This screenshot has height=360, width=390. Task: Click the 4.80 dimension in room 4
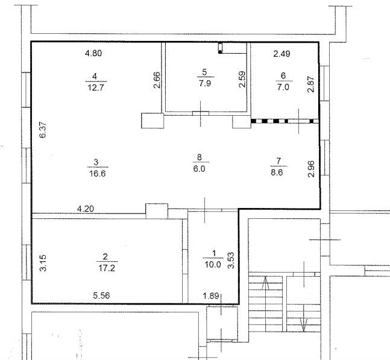(x=93, y=53)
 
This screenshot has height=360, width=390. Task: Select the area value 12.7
(x=96, y=87)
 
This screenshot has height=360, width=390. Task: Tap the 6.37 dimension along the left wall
(x=43, y=130)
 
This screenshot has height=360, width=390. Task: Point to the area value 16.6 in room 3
(x=98, y=173)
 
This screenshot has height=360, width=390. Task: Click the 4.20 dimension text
(x=86, y=209)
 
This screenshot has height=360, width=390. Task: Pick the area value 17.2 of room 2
(x=107, y=268)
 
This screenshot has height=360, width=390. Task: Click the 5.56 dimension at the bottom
(x=101, y=295)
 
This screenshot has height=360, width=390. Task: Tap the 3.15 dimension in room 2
(x=43, y=263)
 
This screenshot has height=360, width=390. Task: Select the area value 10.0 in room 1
(x=213, y=265)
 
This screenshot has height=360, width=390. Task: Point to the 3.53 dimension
(x=231, y=261)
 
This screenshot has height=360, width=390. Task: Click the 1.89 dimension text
(x=211, y=296)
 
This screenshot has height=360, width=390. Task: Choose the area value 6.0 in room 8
(x=200, y=169)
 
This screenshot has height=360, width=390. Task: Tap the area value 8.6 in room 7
(x=277, y=172)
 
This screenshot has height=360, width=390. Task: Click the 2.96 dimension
(x=311, y=169)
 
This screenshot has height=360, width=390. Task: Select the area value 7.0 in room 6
(x=283, y=87)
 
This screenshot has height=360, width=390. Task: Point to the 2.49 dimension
(x=282, y=54)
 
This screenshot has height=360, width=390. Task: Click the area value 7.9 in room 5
(x=205, y=83)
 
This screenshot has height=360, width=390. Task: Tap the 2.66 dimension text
(x=157, y=80)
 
